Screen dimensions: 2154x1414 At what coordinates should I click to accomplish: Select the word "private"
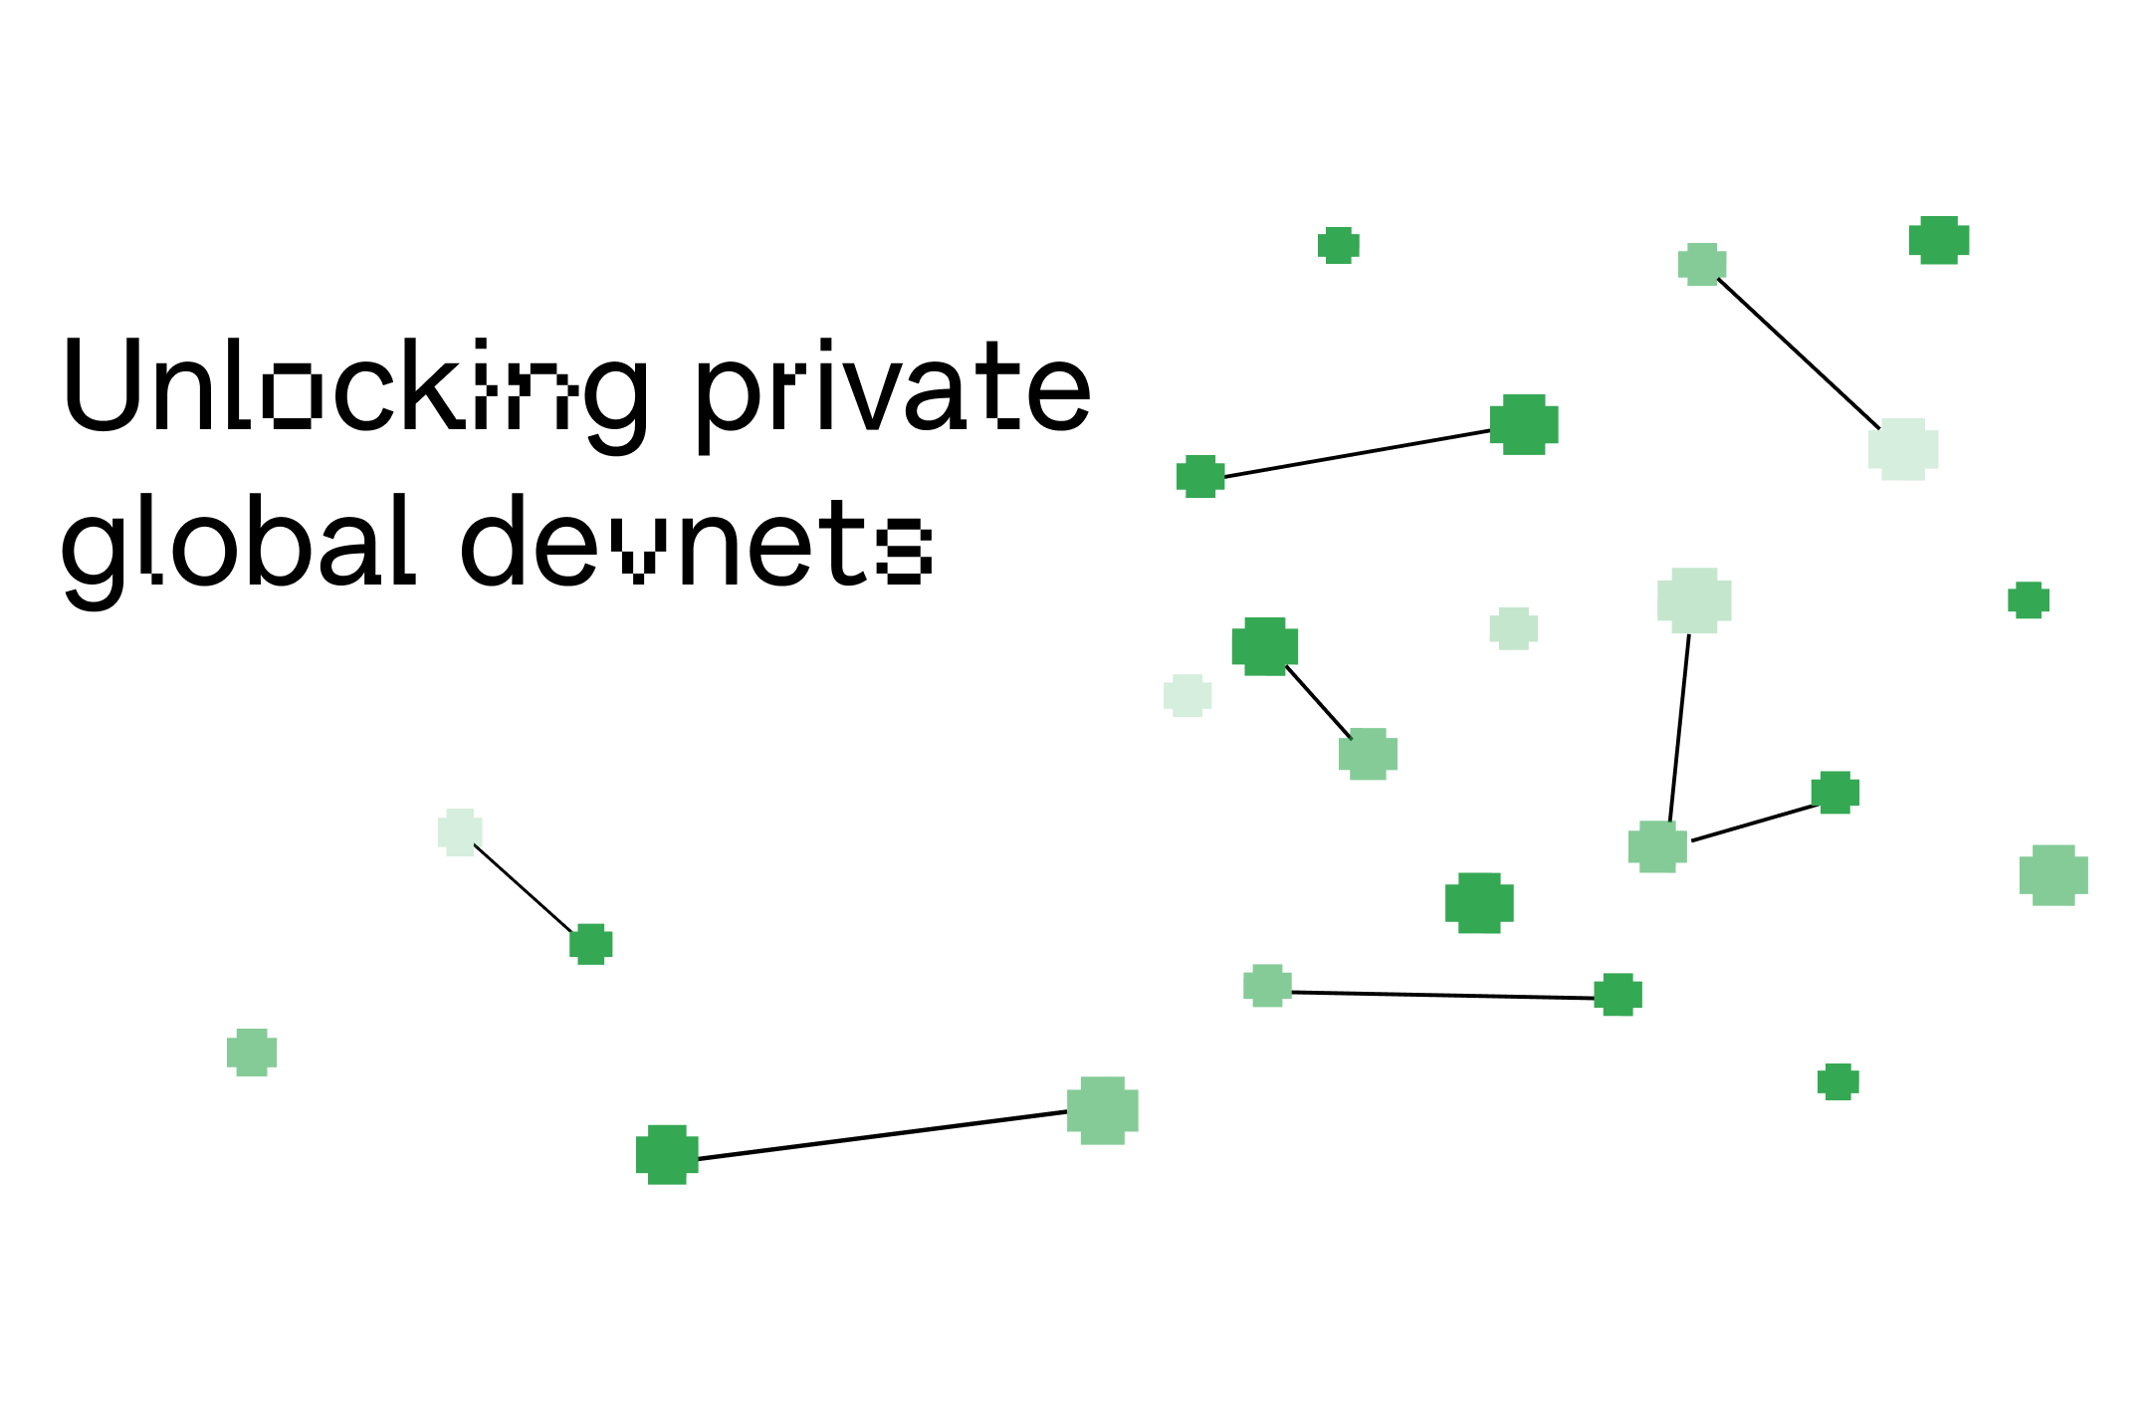(892, 388)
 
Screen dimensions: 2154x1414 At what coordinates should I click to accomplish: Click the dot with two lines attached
(1657, 846)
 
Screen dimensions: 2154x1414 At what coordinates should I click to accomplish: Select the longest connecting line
(882, 1135)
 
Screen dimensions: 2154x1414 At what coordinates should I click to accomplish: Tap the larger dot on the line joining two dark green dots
(1524, 424)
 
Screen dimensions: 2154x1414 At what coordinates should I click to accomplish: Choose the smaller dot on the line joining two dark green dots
(1200, 476)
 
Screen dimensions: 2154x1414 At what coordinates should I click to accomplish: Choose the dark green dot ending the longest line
(667, 1154)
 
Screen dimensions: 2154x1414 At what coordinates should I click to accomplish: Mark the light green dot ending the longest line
(1103, 1109)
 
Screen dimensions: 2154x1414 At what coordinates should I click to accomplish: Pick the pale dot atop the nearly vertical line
(1694, 599)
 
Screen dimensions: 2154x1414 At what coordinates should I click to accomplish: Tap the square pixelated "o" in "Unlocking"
(293, 395)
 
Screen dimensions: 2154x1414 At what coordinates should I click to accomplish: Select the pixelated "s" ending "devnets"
(905, 550)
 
